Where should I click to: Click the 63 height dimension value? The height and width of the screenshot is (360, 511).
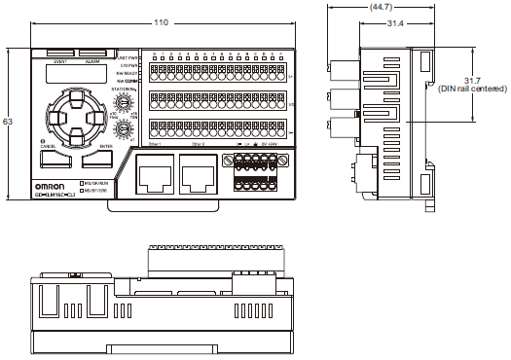click(x=9, y=122)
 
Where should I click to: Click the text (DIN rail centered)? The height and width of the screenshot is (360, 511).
click(x=472, y=88)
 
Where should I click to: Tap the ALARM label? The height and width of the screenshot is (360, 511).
click(x=92, y=61)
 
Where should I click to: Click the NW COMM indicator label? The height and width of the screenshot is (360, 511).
click(x=128, y=82)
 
